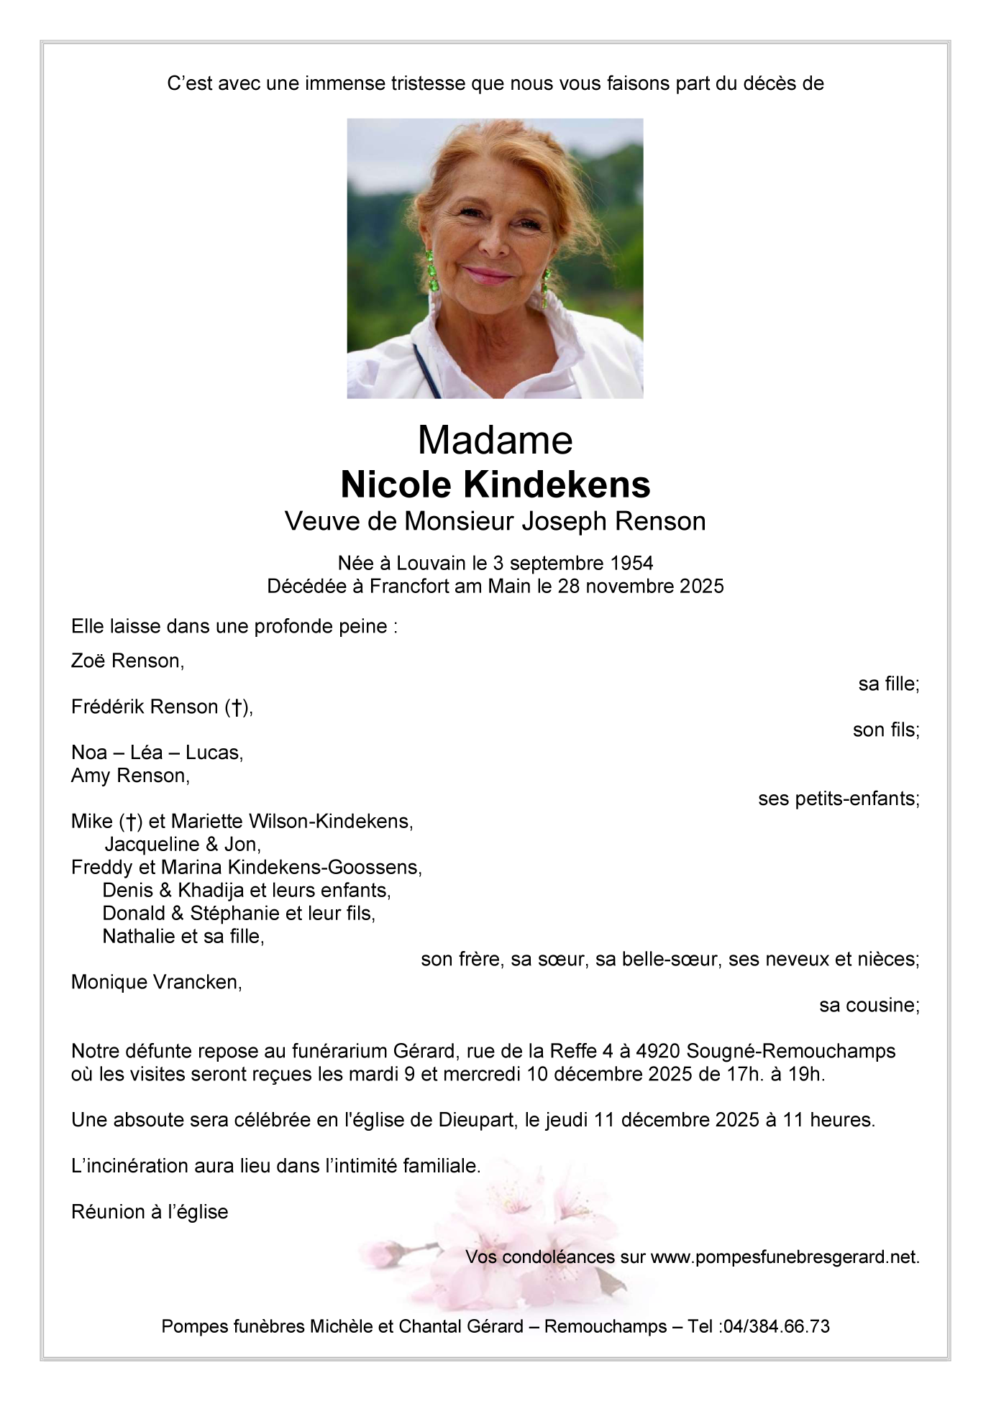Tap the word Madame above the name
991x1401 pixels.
495,440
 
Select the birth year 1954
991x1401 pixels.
628,563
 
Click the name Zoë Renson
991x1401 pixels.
127,661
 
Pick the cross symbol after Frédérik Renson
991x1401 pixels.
236,707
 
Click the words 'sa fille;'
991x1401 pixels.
888,684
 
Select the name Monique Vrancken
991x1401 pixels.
155,982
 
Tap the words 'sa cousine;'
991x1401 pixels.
869,1005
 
